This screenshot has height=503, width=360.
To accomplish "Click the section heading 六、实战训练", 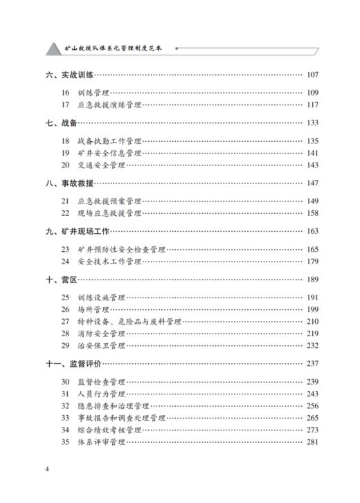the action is [69, 75].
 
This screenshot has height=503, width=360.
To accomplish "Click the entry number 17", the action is [65, 105].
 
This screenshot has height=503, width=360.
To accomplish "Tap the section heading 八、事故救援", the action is [69, 183].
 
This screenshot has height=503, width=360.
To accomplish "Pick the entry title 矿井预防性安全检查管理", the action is [125, 249].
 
